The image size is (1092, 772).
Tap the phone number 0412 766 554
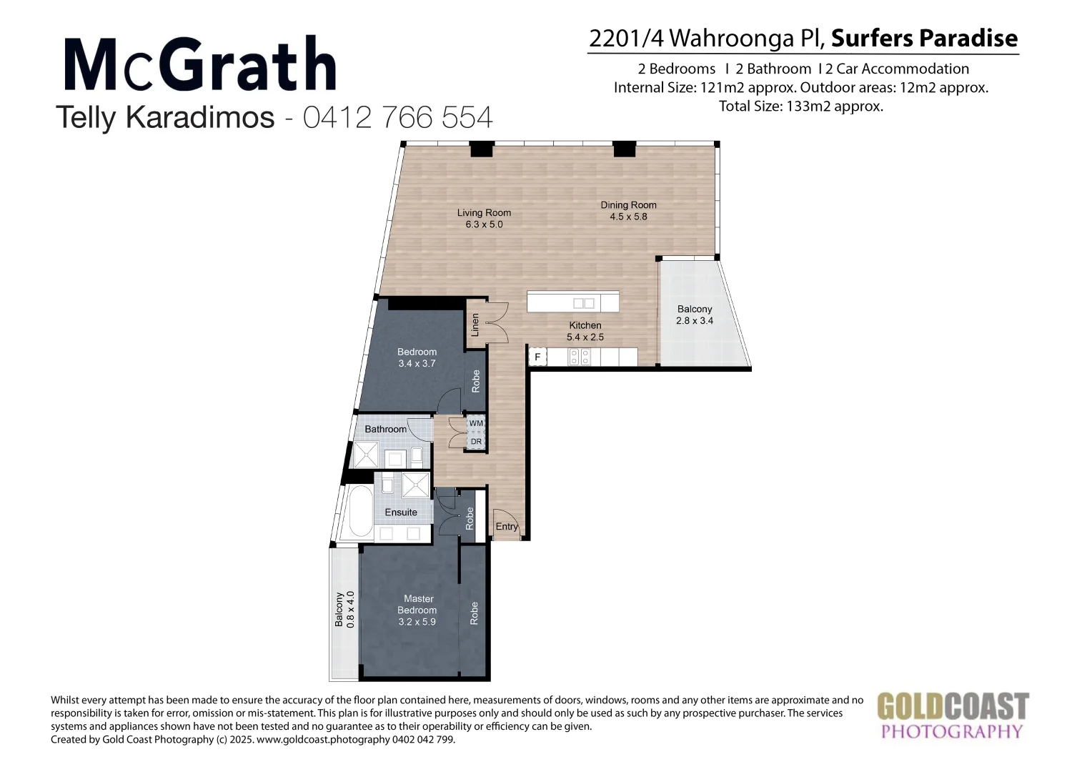pyautogui.click(x=398, y=117)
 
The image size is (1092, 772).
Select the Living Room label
pyautogui.click(x=484, y=218)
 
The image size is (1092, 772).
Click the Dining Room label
pyautogui.click(x=628, y=210)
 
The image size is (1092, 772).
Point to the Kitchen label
pyautogui.click(x=585, y=331)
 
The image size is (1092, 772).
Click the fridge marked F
pyautogui.click(x=537, y=357)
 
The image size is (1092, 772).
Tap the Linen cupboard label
pyautogui.click(x=475, y=325)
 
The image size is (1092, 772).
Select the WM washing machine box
pyautogui.click(x=476, y=424)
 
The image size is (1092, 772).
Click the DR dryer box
pyautogui.click(x=476, y=441)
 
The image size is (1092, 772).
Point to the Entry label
pyautogui.click(x=507, y=527)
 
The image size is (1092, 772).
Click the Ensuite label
pyautogui.click(x=401, y=513)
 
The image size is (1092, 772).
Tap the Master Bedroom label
pyautogui.click(x=417, y=610)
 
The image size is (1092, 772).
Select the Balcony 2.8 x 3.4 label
pyautogui.click(x=695, y=315)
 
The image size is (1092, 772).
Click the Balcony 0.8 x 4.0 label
pyautogui.click(x=344, y=609)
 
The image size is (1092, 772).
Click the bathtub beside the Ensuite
pyautogui.click(x=358, y=513)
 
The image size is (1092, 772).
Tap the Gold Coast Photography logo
pyautogui.click(x=953, y=715)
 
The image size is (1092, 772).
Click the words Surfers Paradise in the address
pyautogui.click(x=924, y=38)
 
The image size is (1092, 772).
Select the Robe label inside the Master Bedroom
pyautogui.click(x=474, y=613)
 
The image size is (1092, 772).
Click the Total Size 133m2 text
pyautogui.click(x=800, y=107)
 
